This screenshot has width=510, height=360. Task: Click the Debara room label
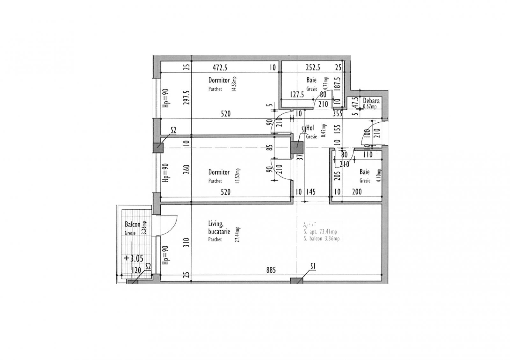[371, 101]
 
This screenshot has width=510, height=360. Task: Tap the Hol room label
[310, 128]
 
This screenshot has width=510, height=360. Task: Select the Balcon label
[133, 224]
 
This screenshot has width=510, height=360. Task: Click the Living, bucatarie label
[219, 228]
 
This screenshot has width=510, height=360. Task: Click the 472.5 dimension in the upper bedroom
[220, 68]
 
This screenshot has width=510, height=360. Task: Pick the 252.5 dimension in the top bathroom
[313, 68]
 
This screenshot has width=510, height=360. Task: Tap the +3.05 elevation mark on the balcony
[134, 258]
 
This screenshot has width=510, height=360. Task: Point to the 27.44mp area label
[237, 235]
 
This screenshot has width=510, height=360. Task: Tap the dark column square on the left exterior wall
[158, 148]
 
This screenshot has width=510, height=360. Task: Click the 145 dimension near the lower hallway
[310, 192]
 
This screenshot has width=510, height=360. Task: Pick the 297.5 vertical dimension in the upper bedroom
[187, 97]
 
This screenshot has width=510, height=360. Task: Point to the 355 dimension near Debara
[338, 113]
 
